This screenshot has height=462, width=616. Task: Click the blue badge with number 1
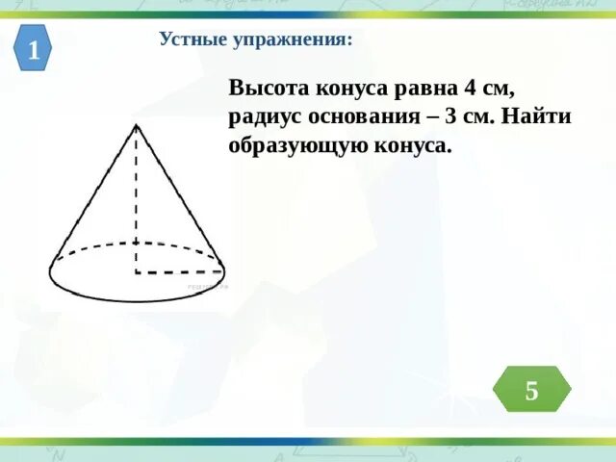click(34, 50)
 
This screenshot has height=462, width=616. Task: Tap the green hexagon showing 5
click(531, 390)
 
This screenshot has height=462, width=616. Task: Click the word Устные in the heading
click(192, 40)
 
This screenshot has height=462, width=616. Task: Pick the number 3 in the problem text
click(451, 117)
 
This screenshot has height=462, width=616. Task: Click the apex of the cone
click(137, 124)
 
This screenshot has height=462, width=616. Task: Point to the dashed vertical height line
click(137, 202)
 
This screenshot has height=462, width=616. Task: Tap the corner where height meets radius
click(137, 272)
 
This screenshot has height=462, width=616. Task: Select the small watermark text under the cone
click(207, 287)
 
